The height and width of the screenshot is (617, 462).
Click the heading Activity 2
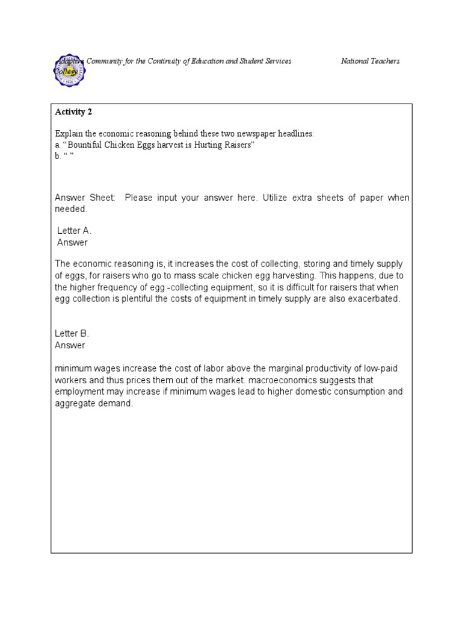[x=73, y=111]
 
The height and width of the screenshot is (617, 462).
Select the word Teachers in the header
[x=386, y=61]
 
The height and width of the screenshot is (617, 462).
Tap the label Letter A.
[x=74, y=231]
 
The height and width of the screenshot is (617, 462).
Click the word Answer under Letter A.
[x=72, y=242]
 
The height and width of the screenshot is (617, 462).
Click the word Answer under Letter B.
[x=70, y=345]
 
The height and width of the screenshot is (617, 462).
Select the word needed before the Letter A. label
[x=71, y=209]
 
